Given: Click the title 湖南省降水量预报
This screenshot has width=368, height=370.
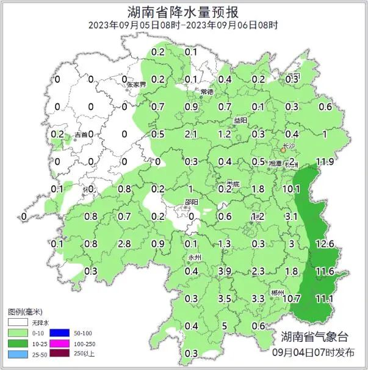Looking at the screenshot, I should [184, 12].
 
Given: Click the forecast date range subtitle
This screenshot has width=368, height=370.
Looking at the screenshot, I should [183, 25].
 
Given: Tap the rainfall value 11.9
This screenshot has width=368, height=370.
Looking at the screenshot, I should [324, 162].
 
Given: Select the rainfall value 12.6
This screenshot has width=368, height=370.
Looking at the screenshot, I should [325, 244].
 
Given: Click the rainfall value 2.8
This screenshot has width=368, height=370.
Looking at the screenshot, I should [124, 244].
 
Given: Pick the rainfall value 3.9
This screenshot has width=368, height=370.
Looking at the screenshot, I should [224, 271].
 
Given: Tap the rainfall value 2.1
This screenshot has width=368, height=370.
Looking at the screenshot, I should [190, 134].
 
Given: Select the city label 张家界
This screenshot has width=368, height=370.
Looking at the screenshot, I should [136, 84].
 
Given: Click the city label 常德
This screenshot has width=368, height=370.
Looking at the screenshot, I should [207, 92].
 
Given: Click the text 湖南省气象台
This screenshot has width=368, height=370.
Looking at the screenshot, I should [314, 336].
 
